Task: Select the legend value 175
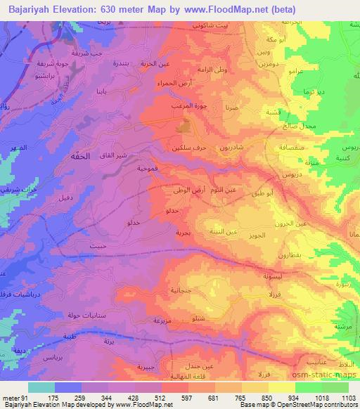point(52,398)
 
